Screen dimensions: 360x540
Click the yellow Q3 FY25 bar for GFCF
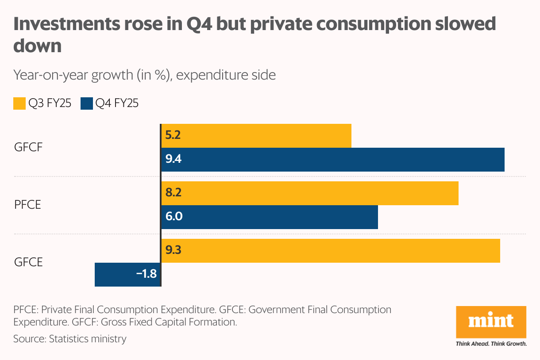[x=257, y=136]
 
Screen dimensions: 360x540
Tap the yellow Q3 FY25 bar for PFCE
[x=310, y=193]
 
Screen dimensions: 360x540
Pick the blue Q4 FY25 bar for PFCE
[x=270, y=217]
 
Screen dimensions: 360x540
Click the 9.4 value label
[x=174, y=160]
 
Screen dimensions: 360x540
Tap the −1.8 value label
[x=147, y=274]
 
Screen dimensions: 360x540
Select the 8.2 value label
[x=174, y=193]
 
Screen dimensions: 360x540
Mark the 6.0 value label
[x=174, y=217]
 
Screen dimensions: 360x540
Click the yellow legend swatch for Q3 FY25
[x=19, y=104]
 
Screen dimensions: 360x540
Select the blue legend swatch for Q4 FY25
[x=86, y=104]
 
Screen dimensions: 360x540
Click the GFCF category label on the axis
[x=28, y=148]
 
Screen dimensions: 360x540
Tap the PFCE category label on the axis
[x=27, y=205]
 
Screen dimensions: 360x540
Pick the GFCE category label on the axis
[x=28, y=262]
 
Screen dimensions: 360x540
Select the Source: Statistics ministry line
[x=70, y=339]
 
